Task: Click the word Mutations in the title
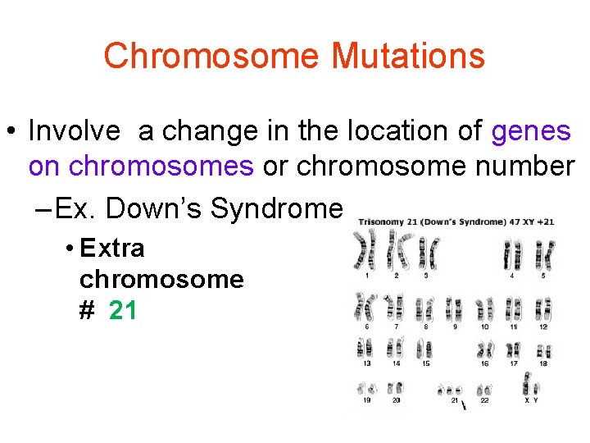point(408,56)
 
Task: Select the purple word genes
point(531,130)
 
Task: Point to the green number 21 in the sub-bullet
point(122,311)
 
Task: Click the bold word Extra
point(112,248)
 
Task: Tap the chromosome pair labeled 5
point(542,254)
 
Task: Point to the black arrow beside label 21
point(465,405)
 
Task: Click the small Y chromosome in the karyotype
point(537,389)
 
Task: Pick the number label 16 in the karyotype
point(486,363)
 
